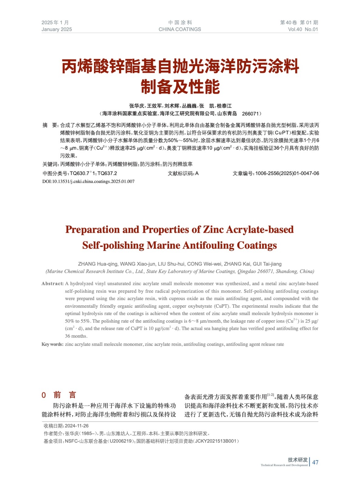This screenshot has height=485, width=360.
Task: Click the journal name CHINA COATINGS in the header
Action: [x=180, y=29]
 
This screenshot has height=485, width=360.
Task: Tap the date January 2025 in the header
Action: [x=57, y=29]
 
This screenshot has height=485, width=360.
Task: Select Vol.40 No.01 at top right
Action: [x=303, y=29]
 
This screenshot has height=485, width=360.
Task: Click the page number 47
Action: [x=315, y=462]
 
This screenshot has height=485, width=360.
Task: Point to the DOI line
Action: [x=88, y=181]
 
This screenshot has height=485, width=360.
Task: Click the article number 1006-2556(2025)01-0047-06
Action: [x=287, y=173]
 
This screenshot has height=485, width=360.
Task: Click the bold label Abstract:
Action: [x=52, y=283]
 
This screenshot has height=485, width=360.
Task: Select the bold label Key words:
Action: [x=52, y=344]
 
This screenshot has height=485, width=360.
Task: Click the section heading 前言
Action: [x=65, y=395]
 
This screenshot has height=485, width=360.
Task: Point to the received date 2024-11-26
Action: [x=76, y=426]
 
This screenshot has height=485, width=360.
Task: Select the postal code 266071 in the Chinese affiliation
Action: [x=250, y=114]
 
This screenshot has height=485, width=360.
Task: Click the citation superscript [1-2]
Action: [x=271, y=395]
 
